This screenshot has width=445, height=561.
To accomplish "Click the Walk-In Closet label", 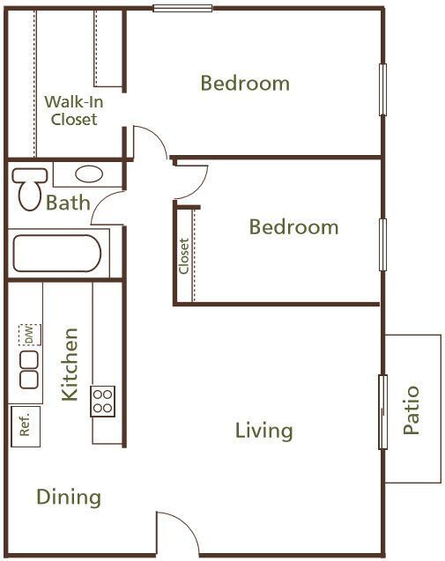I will coord(73,110).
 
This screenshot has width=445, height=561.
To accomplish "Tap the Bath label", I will coord(68,203).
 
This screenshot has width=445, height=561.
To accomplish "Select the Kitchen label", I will coord(70,365).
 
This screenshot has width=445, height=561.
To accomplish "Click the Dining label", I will coord(69,498).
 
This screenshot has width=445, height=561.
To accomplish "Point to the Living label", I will coord(263,431).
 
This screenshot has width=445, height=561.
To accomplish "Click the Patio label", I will coord(412,410).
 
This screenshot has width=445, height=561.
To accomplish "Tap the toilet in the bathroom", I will coord(28,186).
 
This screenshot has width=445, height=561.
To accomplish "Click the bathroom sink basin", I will coord(87,173).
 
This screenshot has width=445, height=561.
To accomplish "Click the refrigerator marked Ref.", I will coord(24,425).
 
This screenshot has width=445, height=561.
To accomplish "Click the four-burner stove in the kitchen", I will coord(103,401).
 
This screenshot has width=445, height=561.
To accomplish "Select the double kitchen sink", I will coord(29,368).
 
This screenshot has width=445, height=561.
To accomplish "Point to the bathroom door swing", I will coord(108,210).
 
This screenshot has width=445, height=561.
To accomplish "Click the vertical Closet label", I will coord(184,256).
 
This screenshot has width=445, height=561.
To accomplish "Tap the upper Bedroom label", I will coord(245,84).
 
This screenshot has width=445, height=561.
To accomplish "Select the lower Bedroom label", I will coord(293,227).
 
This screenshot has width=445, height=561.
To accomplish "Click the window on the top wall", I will coord(182,9).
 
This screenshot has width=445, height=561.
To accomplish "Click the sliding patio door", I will coord(382,412).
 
